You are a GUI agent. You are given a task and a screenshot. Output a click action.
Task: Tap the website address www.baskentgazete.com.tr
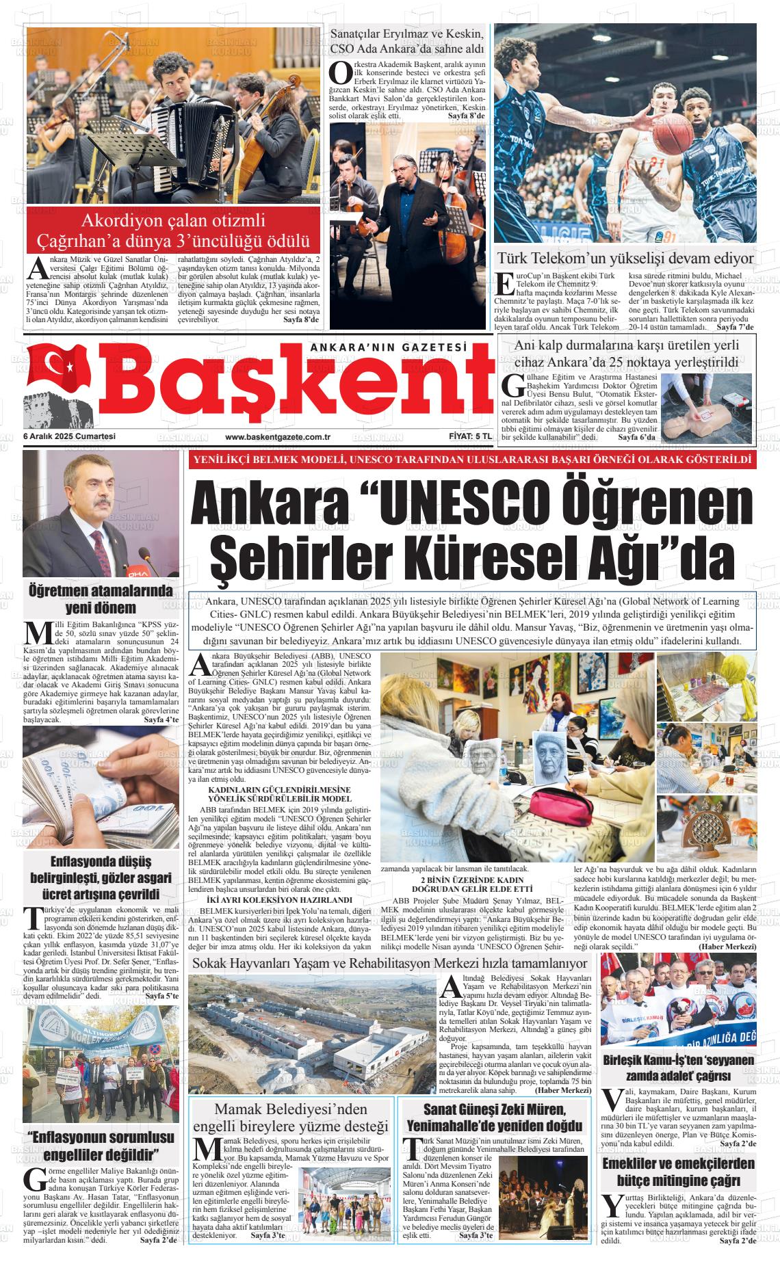click(278, 437)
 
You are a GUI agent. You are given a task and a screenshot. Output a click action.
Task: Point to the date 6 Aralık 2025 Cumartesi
click(69, 437)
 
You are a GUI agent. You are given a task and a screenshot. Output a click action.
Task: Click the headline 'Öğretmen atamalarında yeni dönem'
click(101, 599)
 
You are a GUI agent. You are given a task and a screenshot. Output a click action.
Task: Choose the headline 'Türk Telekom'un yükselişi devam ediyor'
click(625, 259)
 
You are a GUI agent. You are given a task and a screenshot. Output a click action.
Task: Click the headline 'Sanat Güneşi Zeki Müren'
click(494, 1117)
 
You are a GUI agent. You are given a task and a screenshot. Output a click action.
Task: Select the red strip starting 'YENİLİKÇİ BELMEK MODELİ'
click(472, 460)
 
